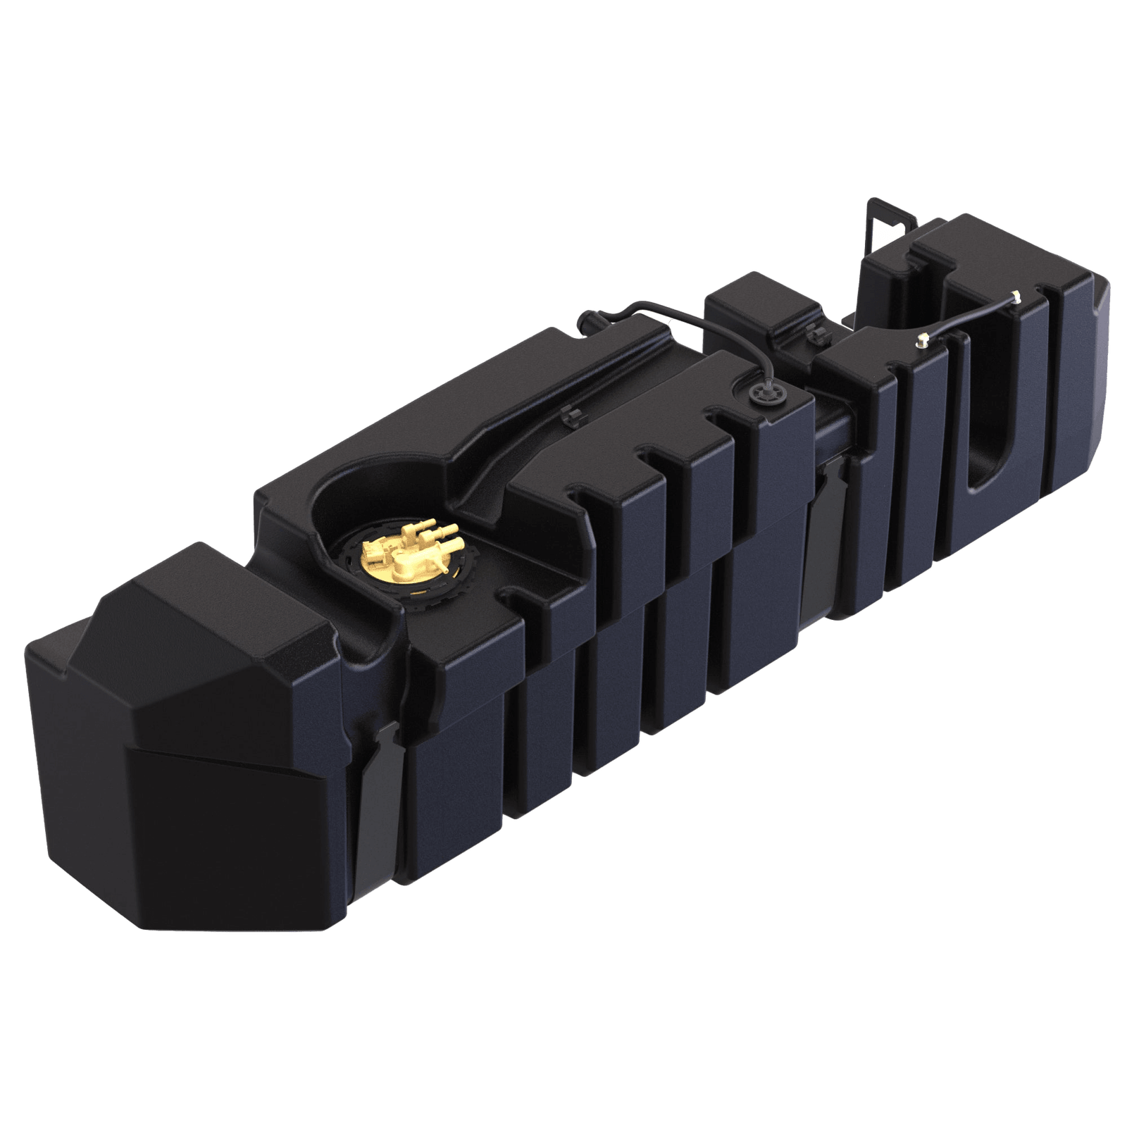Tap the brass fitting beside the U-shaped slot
[x=921, y=341]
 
